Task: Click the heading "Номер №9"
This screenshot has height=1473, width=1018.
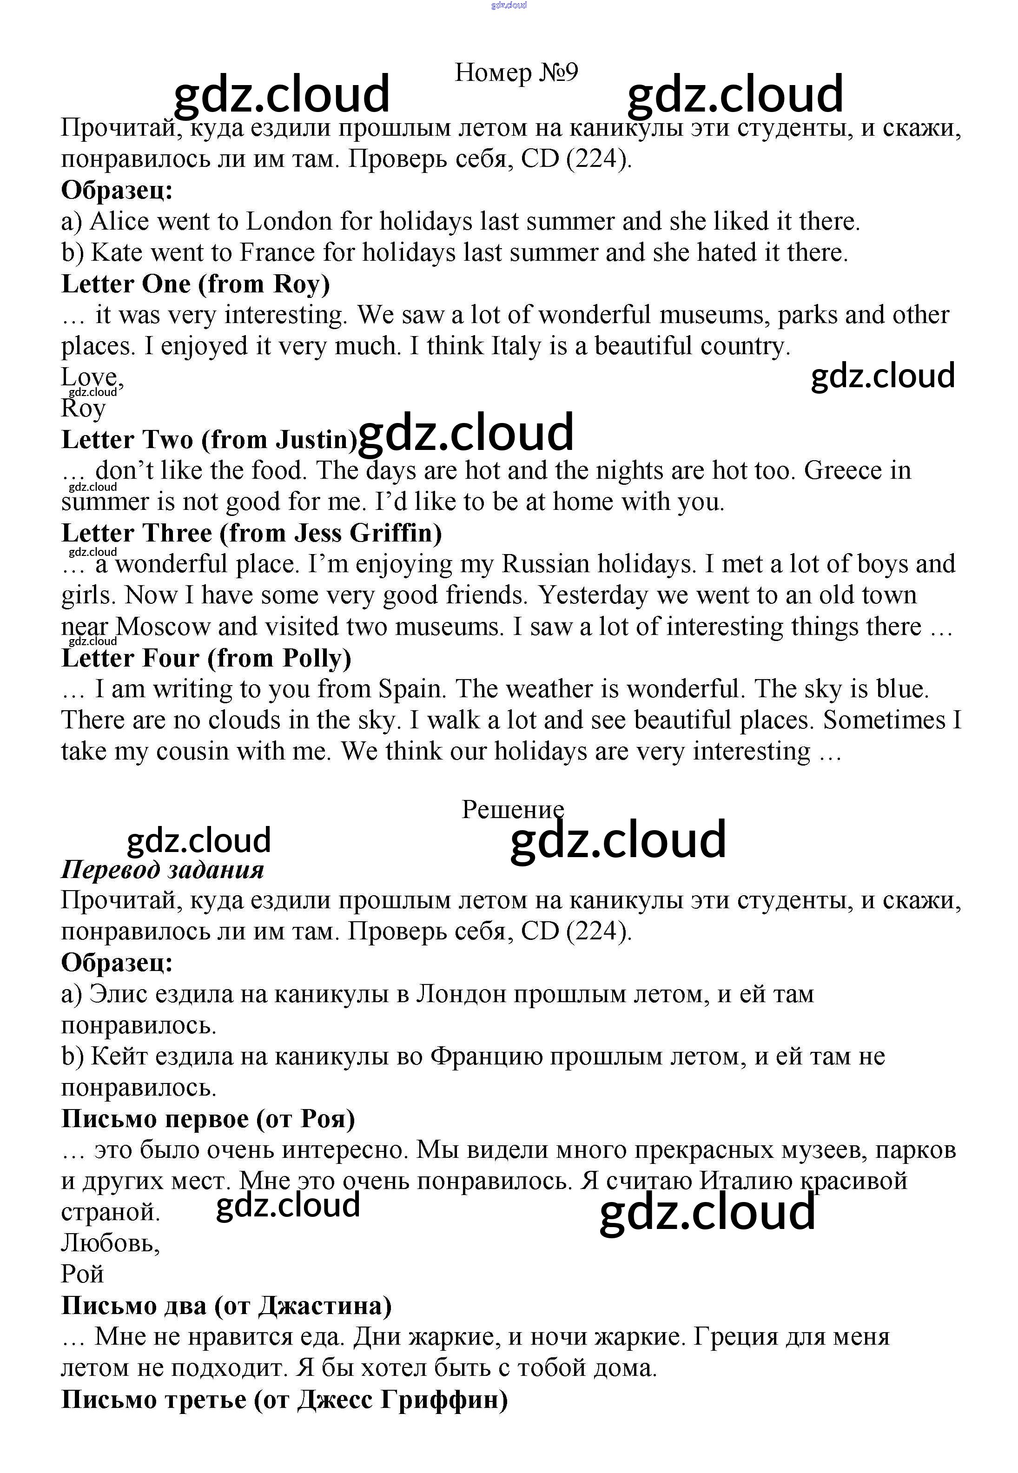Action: click(516, 72)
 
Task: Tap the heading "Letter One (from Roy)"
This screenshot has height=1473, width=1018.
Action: click(195, 284)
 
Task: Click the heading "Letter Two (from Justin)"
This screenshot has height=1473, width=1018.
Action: click(209, 439)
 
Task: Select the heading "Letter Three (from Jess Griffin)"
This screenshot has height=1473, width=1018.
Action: click(251, 533)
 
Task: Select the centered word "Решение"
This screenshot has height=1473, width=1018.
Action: click(513, 809)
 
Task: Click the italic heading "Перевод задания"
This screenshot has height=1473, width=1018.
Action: click(162, 870)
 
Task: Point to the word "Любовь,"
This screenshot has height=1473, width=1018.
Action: click(110, 1243)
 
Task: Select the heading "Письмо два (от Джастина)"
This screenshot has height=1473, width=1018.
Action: click(226, 1305)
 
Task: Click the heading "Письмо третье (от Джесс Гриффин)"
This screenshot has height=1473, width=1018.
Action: click(284, 1399)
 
